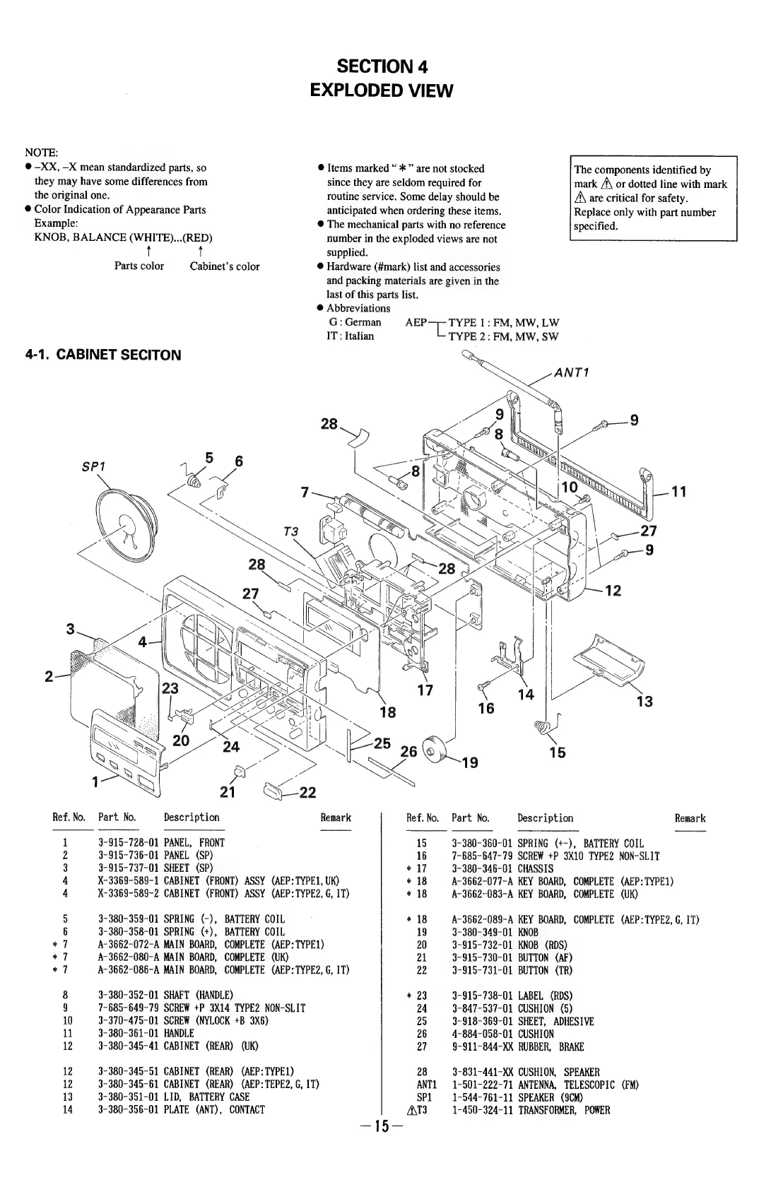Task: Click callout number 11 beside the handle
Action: (679, 492)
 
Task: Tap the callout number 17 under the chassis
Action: (425, 690)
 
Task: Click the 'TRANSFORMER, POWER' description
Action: (563, 1110)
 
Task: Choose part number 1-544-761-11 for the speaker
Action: (481, 1097)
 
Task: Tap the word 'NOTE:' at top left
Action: (42, 153)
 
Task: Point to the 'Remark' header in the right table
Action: (690, 818)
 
